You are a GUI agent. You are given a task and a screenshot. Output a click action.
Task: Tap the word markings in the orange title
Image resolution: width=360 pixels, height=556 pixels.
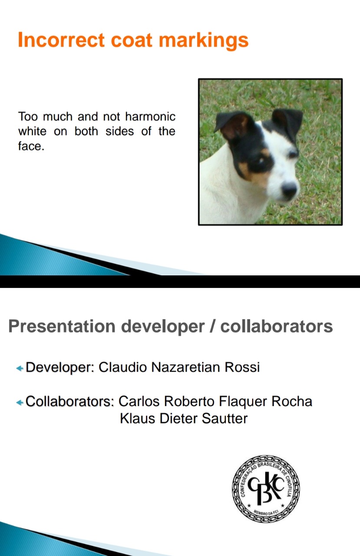pyautogui.click(x=203, y=41)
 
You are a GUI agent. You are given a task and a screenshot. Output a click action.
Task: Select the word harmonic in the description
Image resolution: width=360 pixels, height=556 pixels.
pyautogui.click(x=150, y=116)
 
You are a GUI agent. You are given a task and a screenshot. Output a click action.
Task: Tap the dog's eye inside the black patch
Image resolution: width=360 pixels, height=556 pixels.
pyautogui.click(x=261, y=161)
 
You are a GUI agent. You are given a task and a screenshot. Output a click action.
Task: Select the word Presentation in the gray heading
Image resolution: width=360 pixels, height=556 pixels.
pyautogui.click(x=62, y=326)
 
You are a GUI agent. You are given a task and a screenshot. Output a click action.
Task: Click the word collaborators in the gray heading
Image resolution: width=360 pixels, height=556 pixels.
pyautogui.click(x=277, y=326)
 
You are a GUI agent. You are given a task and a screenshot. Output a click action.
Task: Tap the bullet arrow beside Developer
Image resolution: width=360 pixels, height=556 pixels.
pyautogui.click(x=20, y=368)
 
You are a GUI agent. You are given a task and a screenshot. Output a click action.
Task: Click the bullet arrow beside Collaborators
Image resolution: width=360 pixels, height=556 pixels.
pyautogui.click(x=20, y=402)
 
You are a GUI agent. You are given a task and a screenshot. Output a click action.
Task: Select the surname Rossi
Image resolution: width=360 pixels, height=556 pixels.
pyautogui.click(x=242, y=367)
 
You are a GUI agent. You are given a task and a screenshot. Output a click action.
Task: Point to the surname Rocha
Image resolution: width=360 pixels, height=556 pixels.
pyautogui.click(x=292, y=401)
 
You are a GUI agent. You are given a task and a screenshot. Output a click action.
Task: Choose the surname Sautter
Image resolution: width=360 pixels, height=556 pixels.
pyautogui.click(x=225, y=418)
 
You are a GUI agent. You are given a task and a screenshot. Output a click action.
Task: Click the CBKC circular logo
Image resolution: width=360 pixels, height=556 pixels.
pyautogui.click(x=266, y=489)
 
